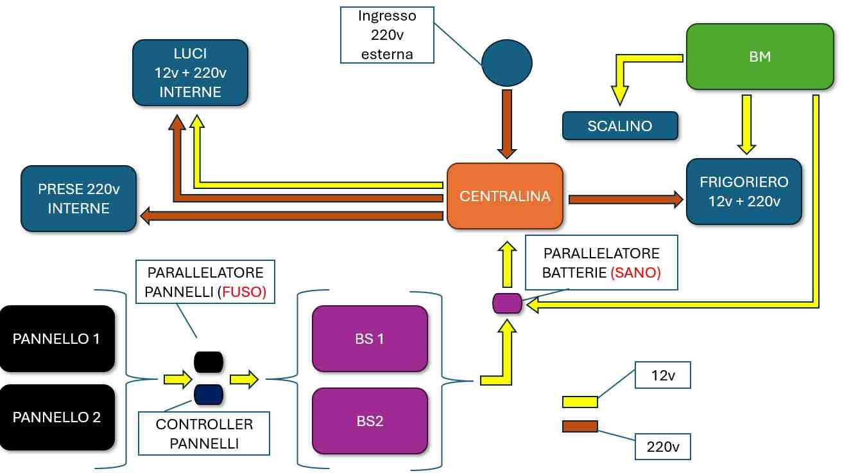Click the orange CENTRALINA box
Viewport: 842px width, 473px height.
(504, 196)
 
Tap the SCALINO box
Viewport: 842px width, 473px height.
(619, 126)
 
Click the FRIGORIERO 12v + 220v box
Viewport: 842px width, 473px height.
(744, 192)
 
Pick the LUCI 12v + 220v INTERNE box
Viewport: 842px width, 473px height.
(190, 73)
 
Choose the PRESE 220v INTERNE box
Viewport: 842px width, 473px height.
(78, 199)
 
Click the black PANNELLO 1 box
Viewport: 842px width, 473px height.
(57, 339)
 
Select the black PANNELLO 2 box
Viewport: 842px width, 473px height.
(57, 417)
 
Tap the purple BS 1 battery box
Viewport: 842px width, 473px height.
(370, 339)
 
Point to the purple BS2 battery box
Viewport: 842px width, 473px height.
(370, 421)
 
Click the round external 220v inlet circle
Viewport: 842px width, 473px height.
(507, 62)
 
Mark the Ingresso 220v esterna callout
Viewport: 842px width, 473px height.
(386, 35)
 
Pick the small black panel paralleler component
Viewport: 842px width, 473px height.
(208, 362)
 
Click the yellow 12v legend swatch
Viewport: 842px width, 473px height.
(580, 402)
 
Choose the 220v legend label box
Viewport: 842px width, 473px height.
(662, 446)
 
